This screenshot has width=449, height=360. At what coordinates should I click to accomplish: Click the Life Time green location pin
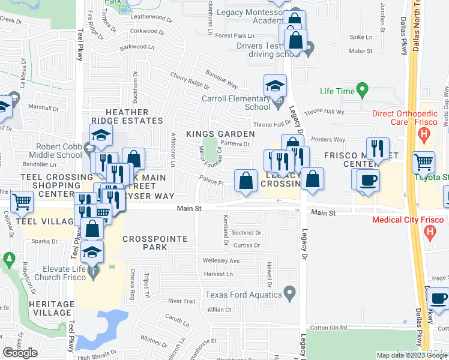361,91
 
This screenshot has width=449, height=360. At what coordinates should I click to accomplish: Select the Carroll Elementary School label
237,103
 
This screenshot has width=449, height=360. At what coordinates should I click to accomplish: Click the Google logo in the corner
20,352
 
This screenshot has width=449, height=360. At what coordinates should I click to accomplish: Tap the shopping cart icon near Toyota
424,161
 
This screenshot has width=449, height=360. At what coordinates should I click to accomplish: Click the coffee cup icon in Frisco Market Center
369,179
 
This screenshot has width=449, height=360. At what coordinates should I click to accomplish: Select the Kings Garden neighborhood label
212,133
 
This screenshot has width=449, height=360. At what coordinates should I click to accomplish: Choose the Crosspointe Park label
155,243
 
